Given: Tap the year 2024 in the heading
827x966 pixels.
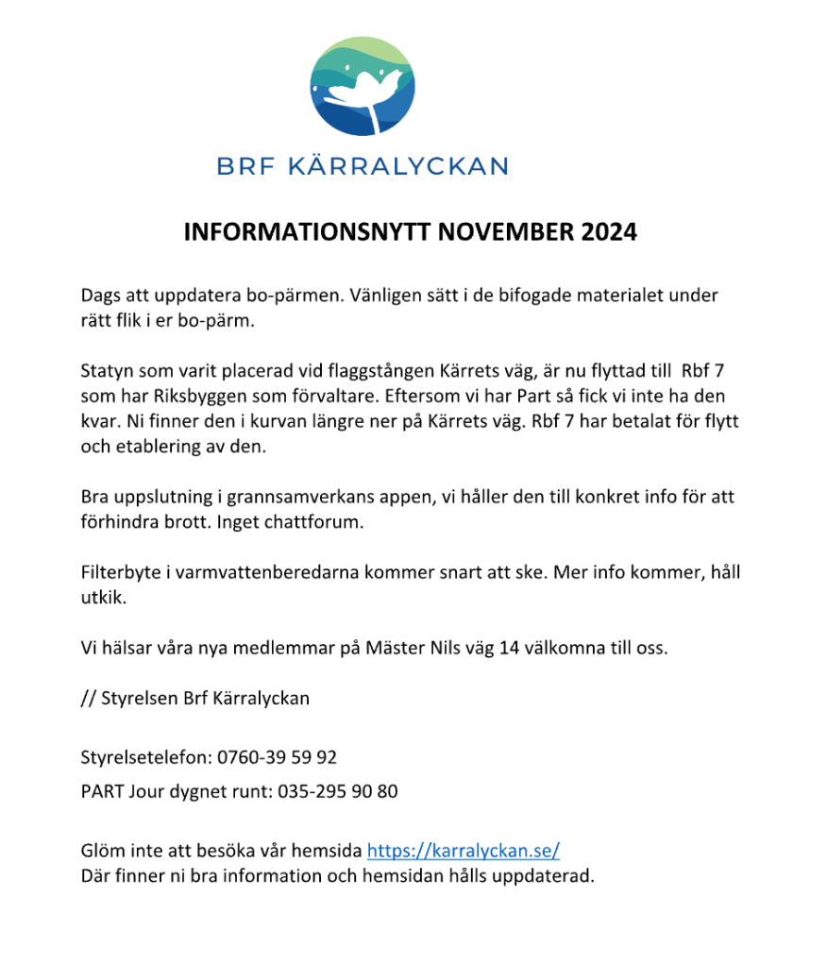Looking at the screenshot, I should pos(609,232).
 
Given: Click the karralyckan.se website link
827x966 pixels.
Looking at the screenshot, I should pos(463,851).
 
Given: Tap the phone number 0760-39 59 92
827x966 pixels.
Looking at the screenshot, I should pos(277,757).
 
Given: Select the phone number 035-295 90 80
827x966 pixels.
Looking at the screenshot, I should pos(338,791).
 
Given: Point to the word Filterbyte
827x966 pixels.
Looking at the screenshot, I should pos(116,573).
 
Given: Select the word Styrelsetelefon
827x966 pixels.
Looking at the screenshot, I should pos(145,757).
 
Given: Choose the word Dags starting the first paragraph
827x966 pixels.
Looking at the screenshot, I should pos(101,295).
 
